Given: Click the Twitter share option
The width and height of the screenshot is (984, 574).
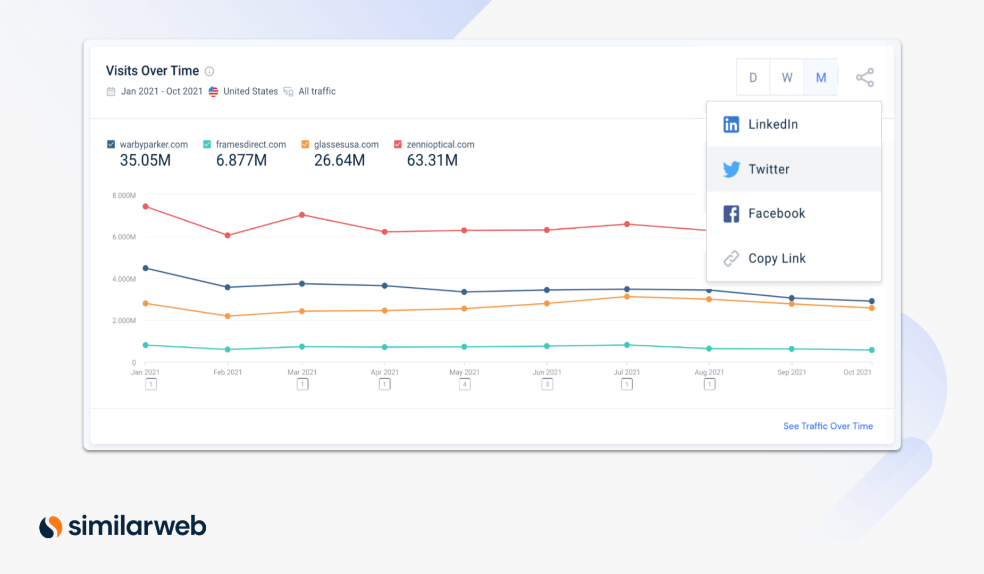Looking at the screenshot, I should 769,169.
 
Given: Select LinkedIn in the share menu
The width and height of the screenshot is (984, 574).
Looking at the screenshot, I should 772,124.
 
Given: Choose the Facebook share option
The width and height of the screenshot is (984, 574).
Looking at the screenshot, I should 776,214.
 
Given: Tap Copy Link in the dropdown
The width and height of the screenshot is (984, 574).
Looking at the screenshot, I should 776,259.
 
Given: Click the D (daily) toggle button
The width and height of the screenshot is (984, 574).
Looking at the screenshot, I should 753,78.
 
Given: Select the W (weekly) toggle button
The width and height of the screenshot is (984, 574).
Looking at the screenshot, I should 787,78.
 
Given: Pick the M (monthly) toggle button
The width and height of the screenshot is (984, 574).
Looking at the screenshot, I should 821,78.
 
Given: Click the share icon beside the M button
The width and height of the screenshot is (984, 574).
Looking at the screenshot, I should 865,78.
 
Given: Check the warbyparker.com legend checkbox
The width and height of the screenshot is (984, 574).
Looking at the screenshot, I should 111,144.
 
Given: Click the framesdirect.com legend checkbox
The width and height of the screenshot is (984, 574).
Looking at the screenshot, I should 207,144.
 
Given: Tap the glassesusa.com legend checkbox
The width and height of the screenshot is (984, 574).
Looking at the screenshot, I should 305,144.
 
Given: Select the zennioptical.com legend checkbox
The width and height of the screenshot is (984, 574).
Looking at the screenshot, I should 398,144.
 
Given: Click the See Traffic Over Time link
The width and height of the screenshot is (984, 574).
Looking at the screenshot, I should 828,426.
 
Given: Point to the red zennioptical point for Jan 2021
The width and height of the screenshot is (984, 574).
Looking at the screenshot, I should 146,206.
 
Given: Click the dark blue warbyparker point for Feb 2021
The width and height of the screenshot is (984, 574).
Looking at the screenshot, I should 228,287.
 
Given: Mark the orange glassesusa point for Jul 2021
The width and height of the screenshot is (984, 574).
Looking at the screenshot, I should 627,297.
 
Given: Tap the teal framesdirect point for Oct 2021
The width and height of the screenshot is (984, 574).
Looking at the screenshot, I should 872,350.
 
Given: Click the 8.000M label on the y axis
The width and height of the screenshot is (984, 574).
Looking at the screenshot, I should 124,196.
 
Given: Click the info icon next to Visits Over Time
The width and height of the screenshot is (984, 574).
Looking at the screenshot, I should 209,71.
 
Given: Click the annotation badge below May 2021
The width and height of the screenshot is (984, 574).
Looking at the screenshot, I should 465,384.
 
